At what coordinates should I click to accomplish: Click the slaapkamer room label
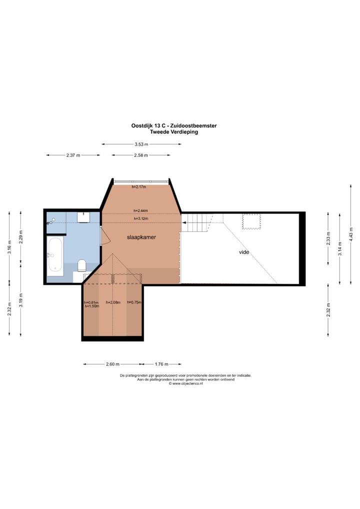point(141,237)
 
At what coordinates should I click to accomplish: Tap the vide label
point(244,252)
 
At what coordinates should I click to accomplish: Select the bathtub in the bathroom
point(55,256)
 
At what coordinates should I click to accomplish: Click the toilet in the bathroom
point(82,265)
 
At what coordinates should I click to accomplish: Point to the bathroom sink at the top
point(83,217)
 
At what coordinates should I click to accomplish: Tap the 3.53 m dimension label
point(141,144)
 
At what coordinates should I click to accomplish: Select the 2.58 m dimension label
point(141,155)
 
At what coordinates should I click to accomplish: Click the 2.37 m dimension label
point(73,155)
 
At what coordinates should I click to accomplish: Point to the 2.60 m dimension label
point(112,364)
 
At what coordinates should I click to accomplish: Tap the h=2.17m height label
point(139,187)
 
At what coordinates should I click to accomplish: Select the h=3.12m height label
point(141,219)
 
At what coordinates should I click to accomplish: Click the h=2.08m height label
point(113,302)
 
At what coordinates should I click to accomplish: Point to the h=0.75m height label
point(134,302)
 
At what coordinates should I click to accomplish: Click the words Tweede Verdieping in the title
point(174,132)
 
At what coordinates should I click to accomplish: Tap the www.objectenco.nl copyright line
point(185,383)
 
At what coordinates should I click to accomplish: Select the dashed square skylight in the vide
point(251,221)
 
